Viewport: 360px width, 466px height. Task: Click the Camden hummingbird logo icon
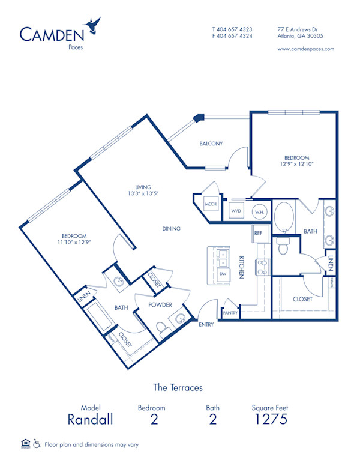[x=94, y=25]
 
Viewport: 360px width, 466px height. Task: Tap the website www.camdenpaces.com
[x=306, y=49]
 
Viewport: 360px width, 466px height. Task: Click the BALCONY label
[x=211, y=144]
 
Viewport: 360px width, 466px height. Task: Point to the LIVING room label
[x=143, y=187]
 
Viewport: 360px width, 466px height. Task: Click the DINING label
[x=171, y=229]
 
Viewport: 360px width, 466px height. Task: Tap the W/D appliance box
[x=236, y=211]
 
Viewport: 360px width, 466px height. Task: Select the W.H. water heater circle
[x=259, y=212]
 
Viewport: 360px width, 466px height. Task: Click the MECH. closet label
[x=211, y=204]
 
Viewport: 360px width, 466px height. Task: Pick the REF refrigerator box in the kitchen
[x=259, y=233]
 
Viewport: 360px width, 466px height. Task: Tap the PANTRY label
[x=230, y=313]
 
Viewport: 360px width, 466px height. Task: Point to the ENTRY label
[x=206, y=324]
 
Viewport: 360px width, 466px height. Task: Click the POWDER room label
[x=161, y=304]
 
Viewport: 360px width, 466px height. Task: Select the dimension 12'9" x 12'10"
[x=297, y=163]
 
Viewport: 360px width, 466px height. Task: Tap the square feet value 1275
[x=271, y=419]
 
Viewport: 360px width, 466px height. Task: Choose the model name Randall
[x=90, y=419]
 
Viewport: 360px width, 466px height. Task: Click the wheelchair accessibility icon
[x=37, y=444]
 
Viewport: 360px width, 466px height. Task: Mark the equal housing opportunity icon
[x=25, y=444]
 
